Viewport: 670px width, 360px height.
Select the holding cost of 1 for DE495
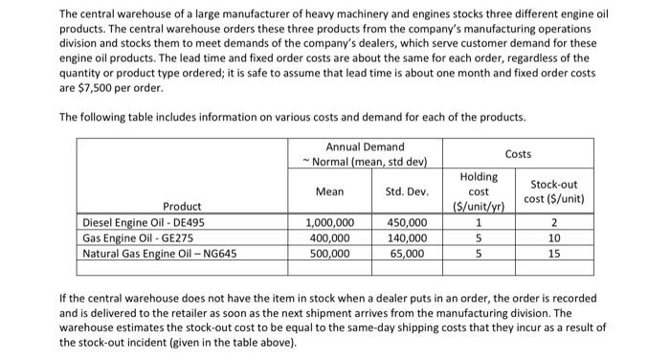478,223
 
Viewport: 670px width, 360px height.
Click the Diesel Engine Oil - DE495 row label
144,223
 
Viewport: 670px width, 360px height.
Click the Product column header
182,207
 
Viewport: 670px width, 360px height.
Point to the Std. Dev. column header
406,191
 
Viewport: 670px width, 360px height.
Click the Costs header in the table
518,153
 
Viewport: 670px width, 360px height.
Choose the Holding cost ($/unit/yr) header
478,191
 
